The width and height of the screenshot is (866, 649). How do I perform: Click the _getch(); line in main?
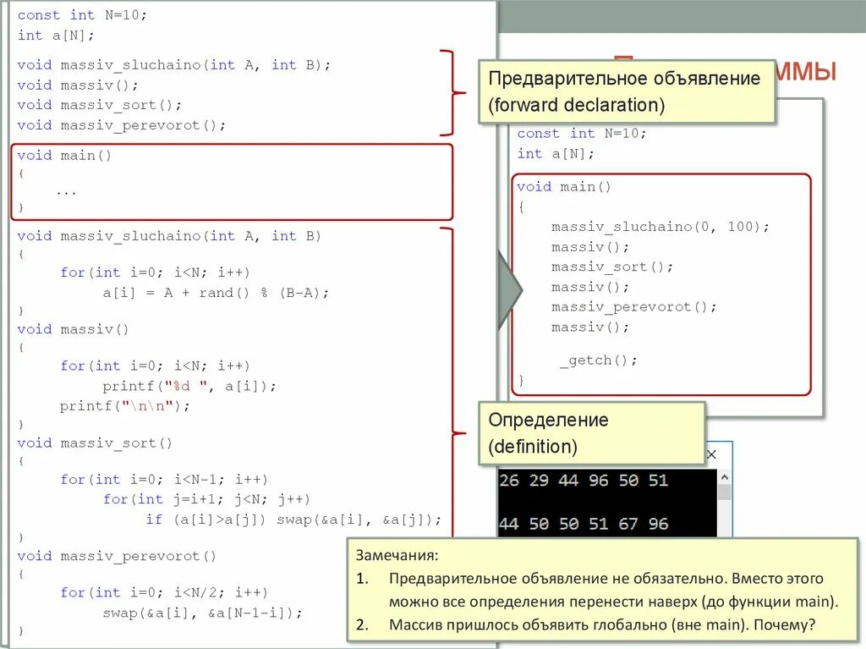click(x=598, y=360)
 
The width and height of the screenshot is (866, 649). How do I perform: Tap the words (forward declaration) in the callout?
click(x=576, y=105)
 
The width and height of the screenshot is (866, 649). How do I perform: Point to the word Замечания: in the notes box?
click(x=397, y=556)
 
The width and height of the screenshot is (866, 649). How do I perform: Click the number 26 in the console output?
click(x=509, y=480)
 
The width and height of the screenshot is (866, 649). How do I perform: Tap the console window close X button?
click(x=711, y=454)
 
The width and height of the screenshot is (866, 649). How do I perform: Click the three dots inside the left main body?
click(x=66, y=191)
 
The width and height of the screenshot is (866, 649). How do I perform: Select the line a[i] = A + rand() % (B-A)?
click(x=216, y=293)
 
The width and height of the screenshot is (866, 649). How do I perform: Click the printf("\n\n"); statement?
click(x=125, y=406)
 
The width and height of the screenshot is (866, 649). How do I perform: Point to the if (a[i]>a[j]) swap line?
click(x=293, y=520)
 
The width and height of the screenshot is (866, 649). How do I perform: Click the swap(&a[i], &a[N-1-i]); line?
click(x=202, y=613)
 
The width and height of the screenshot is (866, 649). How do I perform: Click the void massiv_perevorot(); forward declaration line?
click(x=122, y=125)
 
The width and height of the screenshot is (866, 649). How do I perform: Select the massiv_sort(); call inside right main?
click(x=612, y=267)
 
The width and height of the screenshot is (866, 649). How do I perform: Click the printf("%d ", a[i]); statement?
click(x=189, y=386)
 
